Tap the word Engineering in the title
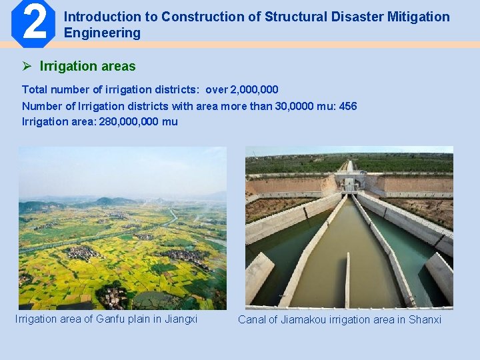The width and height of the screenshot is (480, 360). click(102, 33)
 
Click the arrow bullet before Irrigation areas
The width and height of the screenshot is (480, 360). click(27, 66)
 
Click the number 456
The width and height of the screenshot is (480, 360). click(347, 107)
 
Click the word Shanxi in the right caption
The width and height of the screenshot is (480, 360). click(425, 320)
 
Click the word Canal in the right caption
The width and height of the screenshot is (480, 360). click(252, 320)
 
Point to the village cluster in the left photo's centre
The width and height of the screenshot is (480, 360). click(83, 252)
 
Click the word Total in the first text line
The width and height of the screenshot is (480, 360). click(35, 89)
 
